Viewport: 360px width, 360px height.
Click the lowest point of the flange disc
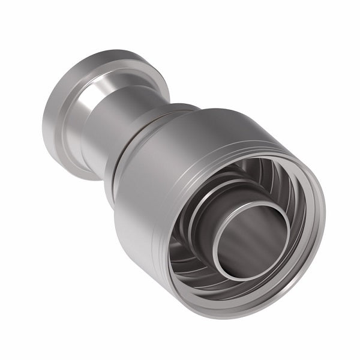[x=90, y=179]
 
